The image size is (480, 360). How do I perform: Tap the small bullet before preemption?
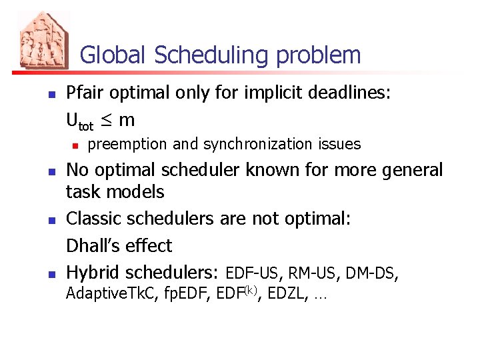coord(76,145)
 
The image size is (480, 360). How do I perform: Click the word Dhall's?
coord(92,245)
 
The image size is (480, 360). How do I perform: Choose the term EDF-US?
coord(254,273)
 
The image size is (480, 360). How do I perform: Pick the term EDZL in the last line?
coord(289,293)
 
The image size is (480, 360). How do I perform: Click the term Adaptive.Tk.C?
coord(108,293)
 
